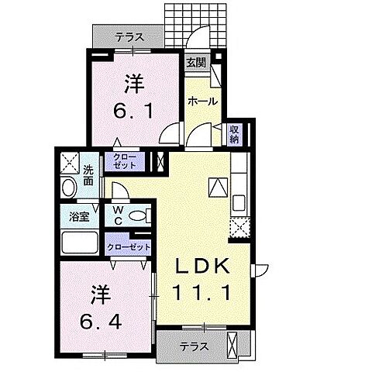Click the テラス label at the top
tap(129, 36)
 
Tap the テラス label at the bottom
tap(194, 346)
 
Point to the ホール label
tap(201, 101)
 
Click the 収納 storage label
tap(234, 135)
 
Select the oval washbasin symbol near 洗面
tap(67, 188)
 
